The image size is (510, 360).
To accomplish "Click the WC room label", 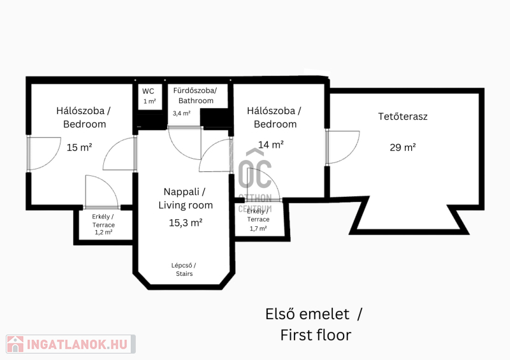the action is tap(148, 91).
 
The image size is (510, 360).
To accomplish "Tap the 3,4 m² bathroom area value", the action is tap(182, 113).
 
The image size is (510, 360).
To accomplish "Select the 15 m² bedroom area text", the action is tap(79, 147).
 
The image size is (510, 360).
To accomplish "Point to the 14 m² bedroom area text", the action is tap(271, 145).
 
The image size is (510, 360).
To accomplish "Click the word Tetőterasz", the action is tap(403, 117).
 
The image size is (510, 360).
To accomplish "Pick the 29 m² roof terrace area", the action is tap(403, 147).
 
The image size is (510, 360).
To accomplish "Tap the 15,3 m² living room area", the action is tap(186, 223).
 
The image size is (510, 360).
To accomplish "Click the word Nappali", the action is tap(181, 192).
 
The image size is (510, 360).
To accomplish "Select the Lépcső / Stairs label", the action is tap(184, 270).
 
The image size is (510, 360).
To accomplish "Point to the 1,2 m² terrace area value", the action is tap(103, 232).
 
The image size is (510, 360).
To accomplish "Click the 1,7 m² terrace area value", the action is tap(258, 228).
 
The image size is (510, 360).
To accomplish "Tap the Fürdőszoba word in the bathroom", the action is tap(195, 90).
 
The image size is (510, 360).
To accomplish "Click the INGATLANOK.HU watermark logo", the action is tap(71, 344).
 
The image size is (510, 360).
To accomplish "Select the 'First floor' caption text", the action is tap(316, 335).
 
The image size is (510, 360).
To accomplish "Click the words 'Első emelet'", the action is tap(307, 314).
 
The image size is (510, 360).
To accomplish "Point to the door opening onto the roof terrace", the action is tap(343, 147).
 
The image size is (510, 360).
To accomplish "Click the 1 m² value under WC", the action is tap(150, 101).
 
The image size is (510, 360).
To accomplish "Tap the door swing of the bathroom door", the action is tap(184, 143).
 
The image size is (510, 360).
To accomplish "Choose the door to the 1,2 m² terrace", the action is tap(102, 192).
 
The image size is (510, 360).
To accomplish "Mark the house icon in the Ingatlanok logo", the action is tap(15, 344).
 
